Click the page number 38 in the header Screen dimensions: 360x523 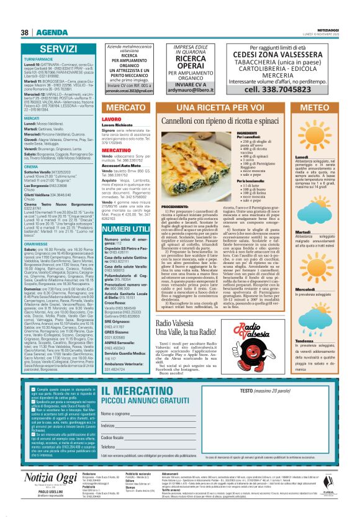[x=24, y=32]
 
